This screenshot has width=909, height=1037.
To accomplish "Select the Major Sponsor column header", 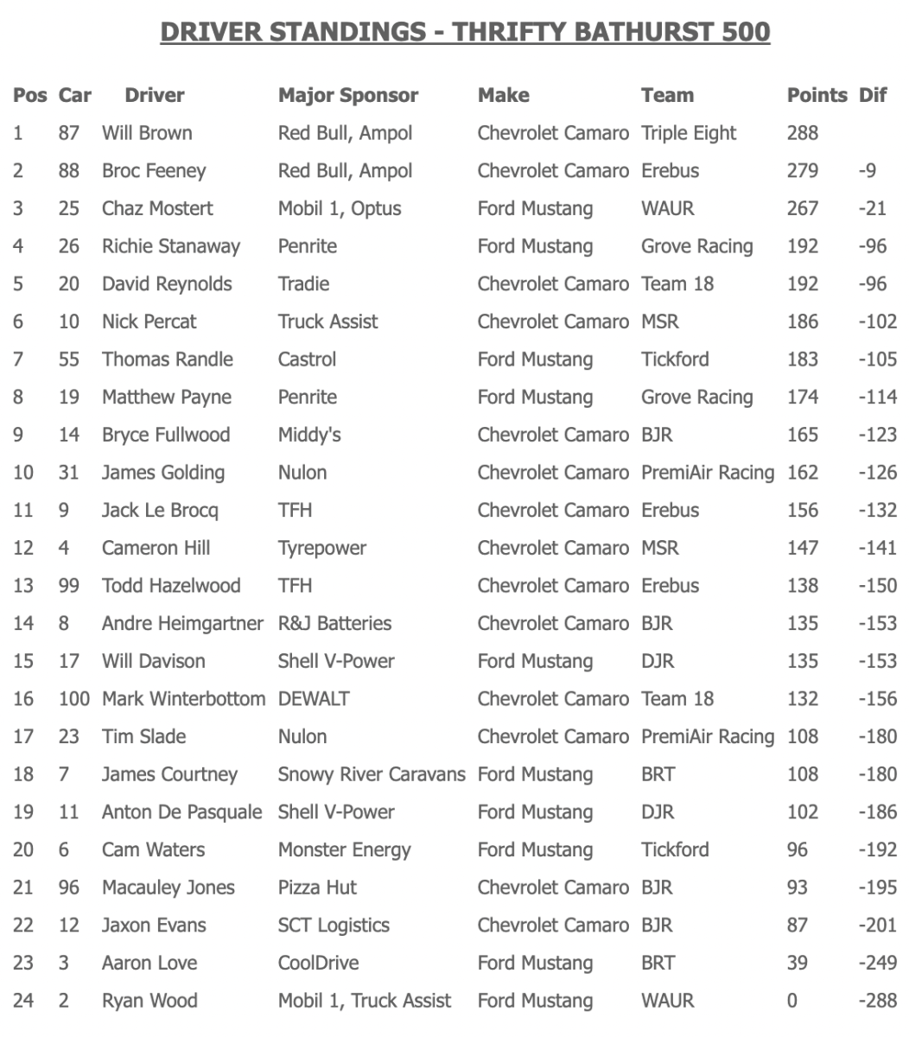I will (x=347, y=95).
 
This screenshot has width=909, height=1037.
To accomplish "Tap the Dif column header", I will (x=873, y=95).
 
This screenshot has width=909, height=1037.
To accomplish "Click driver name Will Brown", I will (x=147, y=133).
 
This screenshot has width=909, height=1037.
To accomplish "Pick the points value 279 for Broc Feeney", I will (x=802, y=170).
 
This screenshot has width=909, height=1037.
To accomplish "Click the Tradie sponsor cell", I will (x=303, y=283).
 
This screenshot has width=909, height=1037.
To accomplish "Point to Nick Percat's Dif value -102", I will (x=877, y=321).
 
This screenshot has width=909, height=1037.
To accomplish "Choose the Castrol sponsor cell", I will (x=307, y=359).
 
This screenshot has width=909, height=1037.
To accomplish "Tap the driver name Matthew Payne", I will (x=166, y=397).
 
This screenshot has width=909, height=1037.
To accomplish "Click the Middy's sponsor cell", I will (x=309, y=435).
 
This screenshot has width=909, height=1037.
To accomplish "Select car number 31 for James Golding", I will (x=68, y=473).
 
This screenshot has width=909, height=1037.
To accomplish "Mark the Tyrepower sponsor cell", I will (x=321, y=548).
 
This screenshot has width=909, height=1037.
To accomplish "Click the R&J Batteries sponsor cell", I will (x=334, y=623).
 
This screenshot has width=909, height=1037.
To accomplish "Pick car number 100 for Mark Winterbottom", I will (x=74, y=698).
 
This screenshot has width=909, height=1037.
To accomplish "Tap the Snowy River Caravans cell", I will (x=371, y=774).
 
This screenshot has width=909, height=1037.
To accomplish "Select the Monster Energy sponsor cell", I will (x=344, y=849).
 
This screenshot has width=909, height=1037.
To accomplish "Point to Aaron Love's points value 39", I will (x=797, y=963).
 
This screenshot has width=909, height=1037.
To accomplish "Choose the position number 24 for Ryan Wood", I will (x=23, y=1001).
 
